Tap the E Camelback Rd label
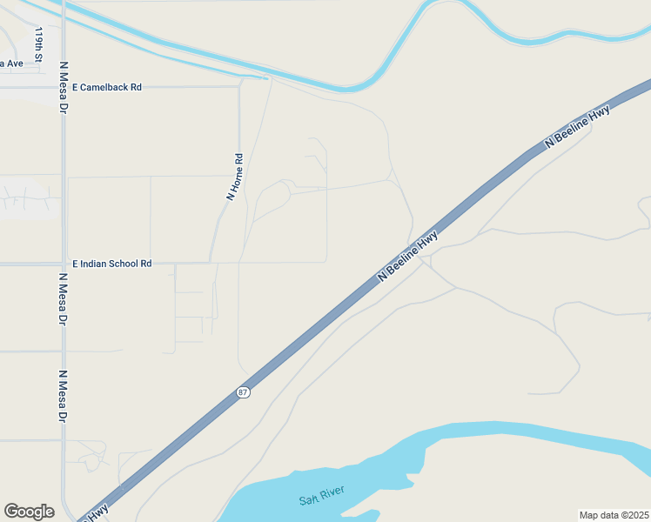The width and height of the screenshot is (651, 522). [107, 87]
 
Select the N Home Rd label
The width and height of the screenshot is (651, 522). [234, 177]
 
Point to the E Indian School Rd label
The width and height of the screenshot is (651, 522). [112, 263]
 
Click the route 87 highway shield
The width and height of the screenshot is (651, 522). [243, 392]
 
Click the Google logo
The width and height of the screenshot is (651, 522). [29, 512]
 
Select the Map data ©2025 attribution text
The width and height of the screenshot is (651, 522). [613, 515]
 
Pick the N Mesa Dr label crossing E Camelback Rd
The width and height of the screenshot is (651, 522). [63, 88]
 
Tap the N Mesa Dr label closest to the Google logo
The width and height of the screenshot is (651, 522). [63, 397]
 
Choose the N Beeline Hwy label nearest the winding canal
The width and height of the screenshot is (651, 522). [577, 128]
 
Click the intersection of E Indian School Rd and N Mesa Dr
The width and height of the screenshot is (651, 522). [63, 263]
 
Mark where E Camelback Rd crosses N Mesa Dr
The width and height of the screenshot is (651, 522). [63, 87]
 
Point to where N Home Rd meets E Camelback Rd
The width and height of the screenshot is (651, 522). [239, 87]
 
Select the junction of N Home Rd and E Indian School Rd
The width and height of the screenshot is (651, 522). [210, 263]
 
